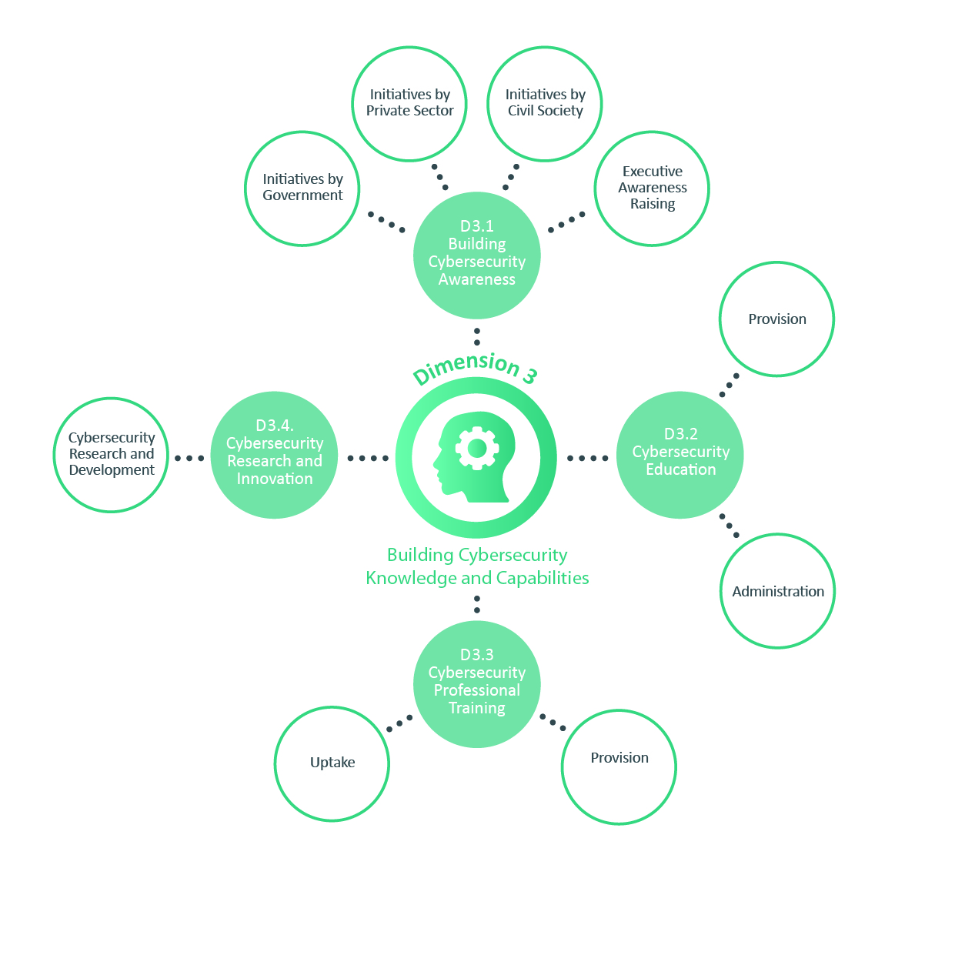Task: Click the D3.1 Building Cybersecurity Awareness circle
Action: click(477, 255)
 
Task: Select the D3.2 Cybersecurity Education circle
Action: click(680, 455)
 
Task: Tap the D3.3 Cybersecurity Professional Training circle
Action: click(477, 684)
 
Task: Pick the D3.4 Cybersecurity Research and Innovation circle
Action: click(274, 455)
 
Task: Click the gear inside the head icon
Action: click(477, 448)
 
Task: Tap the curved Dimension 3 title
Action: click(476, 368)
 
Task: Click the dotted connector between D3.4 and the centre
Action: click(368, 458)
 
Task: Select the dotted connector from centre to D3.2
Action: click(587, 458)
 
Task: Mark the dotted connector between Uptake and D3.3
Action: click(399, 723)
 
